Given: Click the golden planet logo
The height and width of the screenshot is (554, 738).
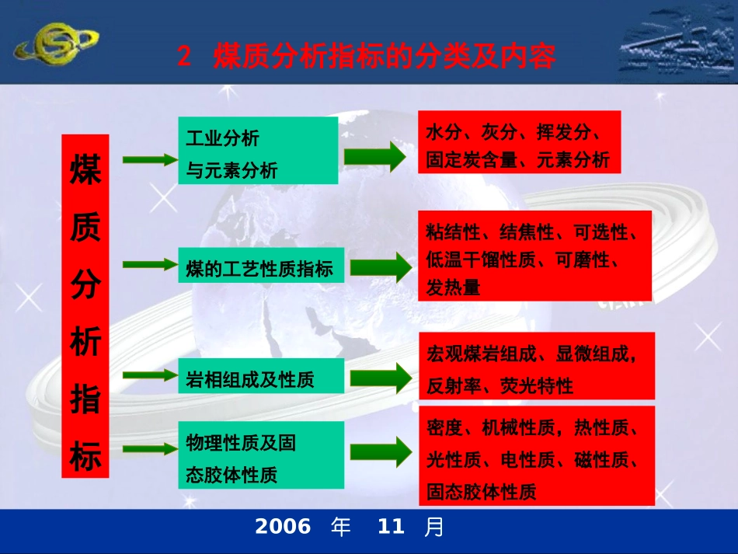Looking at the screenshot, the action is tap(57, 44).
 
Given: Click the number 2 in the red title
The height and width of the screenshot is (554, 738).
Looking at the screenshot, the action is tap(185, 56).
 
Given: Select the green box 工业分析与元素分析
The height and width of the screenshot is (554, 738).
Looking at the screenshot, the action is tap(258, 150).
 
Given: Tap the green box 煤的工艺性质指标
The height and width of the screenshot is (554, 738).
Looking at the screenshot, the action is tap(261, 265).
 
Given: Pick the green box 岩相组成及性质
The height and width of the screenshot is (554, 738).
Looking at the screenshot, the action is tap(261, 375).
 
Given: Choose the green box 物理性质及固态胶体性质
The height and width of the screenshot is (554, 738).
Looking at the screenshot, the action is tap(261, 455).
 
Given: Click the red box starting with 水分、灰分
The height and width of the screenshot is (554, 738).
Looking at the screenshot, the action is tap(519, 142).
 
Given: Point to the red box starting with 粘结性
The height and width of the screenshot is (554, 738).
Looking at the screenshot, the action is tap(534, 256).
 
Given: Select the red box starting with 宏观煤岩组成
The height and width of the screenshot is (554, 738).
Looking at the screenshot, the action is tap(537, 366).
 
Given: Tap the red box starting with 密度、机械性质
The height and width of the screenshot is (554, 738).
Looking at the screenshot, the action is tap(537, 455).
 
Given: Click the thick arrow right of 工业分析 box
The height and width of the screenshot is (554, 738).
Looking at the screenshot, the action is tap(375, 156).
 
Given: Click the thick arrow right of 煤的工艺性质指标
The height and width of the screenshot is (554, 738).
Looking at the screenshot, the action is tap(381, 267).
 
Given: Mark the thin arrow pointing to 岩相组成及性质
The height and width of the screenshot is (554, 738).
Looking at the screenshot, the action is tap(151, 375).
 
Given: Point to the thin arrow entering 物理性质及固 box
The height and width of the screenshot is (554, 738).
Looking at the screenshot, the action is tap(151, 448).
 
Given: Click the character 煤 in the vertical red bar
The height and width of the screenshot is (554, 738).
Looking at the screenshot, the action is tap(85, 169).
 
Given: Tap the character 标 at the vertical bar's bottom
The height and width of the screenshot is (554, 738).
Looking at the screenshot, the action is tap(85, 456).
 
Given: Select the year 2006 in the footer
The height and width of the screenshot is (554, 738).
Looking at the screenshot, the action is tap(283, 526).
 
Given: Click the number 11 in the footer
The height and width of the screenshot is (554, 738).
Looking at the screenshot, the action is tap(391, 526).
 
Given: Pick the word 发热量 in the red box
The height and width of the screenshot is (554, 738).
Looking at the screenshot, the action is tap(453, 287).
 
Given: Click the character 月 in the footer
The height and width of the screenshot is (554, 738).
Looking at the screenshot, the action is tap(433, 527).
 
